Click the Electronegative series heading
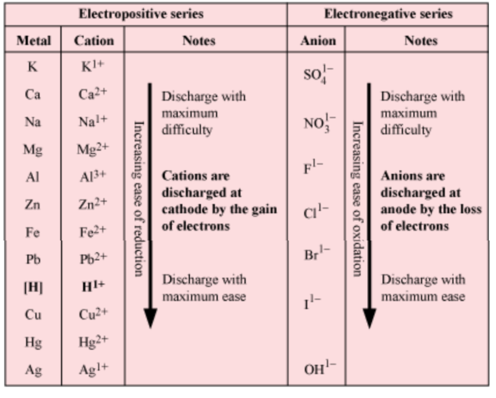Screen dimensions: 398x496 coord(388,14)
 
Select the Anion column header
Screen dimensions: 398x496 coord(318,41)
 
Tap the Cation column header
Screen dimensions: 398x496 coord(93,41)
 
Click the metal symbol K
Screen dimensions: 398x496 coord(33,67)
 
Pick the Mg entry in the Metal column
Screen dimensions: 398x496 coord(33,150)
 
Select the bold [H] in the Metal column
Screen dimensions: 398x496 coord(33,287)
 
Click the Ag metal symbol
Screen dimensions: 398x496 coord(33,370)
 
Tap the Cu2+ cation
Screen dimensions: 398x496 coord(93,314)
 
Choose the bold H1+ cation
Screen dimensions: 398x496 coord(93,287)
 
